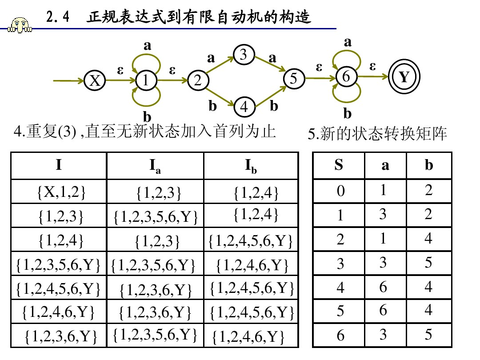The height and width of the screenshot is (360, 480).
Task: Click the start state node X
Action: (94, 81)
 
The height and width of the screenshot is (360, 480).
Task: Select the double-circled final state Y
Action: (403, 77)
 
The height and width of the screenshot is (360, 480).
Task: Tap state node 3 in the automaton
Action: (243, 55)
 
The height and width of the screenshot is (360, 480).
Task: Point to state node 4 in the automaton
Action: (244, 107)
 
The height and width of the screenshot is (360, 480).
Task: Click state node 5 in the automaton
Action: (293, 79)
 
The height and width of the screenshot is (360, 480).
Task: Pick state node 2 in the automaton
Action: (198, 81)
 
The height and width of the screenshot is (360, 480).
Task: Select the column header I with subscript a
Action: (155, 166)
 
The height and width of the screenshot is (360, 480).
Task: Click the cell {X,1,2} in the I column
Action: (59, 192)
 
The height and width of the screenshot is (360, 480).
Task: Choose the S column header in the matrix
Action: (339, 165)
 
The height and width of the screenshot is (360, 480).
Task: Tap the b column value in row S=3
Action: (428, 263)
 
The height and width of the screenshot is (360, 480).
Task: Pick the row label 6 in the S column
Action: (340, 335)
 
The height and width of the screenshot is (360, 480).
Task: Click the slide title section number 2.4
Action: (58, 18)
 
